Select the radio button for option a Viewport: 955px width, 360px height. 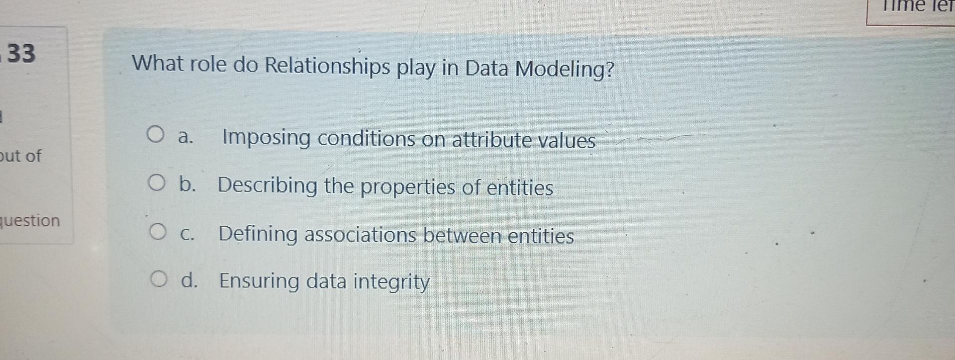click(156, 135)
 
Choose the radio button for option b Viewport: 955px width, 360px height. click(157, 183)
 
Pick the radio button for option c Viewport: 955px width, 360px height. click(158, 232)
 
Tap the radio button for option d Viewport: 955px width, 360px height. click(159, 279)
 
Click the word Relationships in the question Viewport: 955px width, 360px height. click(327, 66)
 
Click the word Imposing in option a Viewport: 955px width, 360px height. click(266, 138)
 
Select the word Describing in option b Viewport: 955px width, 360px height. click(268, 185)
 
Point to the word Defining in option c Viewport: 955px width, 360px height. click(258, 234)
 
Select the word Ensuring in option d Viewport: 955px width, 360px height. click(259, 281)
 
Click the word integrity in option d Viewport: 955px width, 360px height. click(391, 282)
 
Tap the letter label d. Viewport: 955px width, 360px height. click(190, 281)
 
